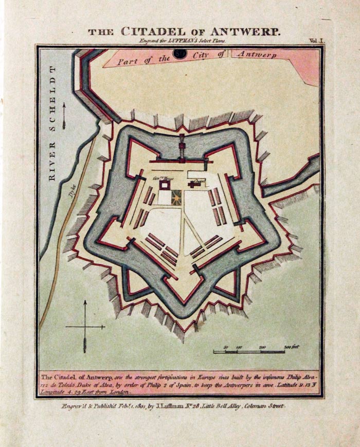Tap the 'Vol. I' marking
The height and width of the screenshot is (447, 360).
(314, 40)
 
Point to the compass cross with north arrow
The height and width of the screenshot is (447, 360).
(85, 326)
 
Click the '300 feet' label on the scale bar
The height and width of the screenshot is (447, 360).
(292, 347)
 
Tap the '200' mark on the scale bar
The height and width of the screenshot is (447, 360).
(262, 347)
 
